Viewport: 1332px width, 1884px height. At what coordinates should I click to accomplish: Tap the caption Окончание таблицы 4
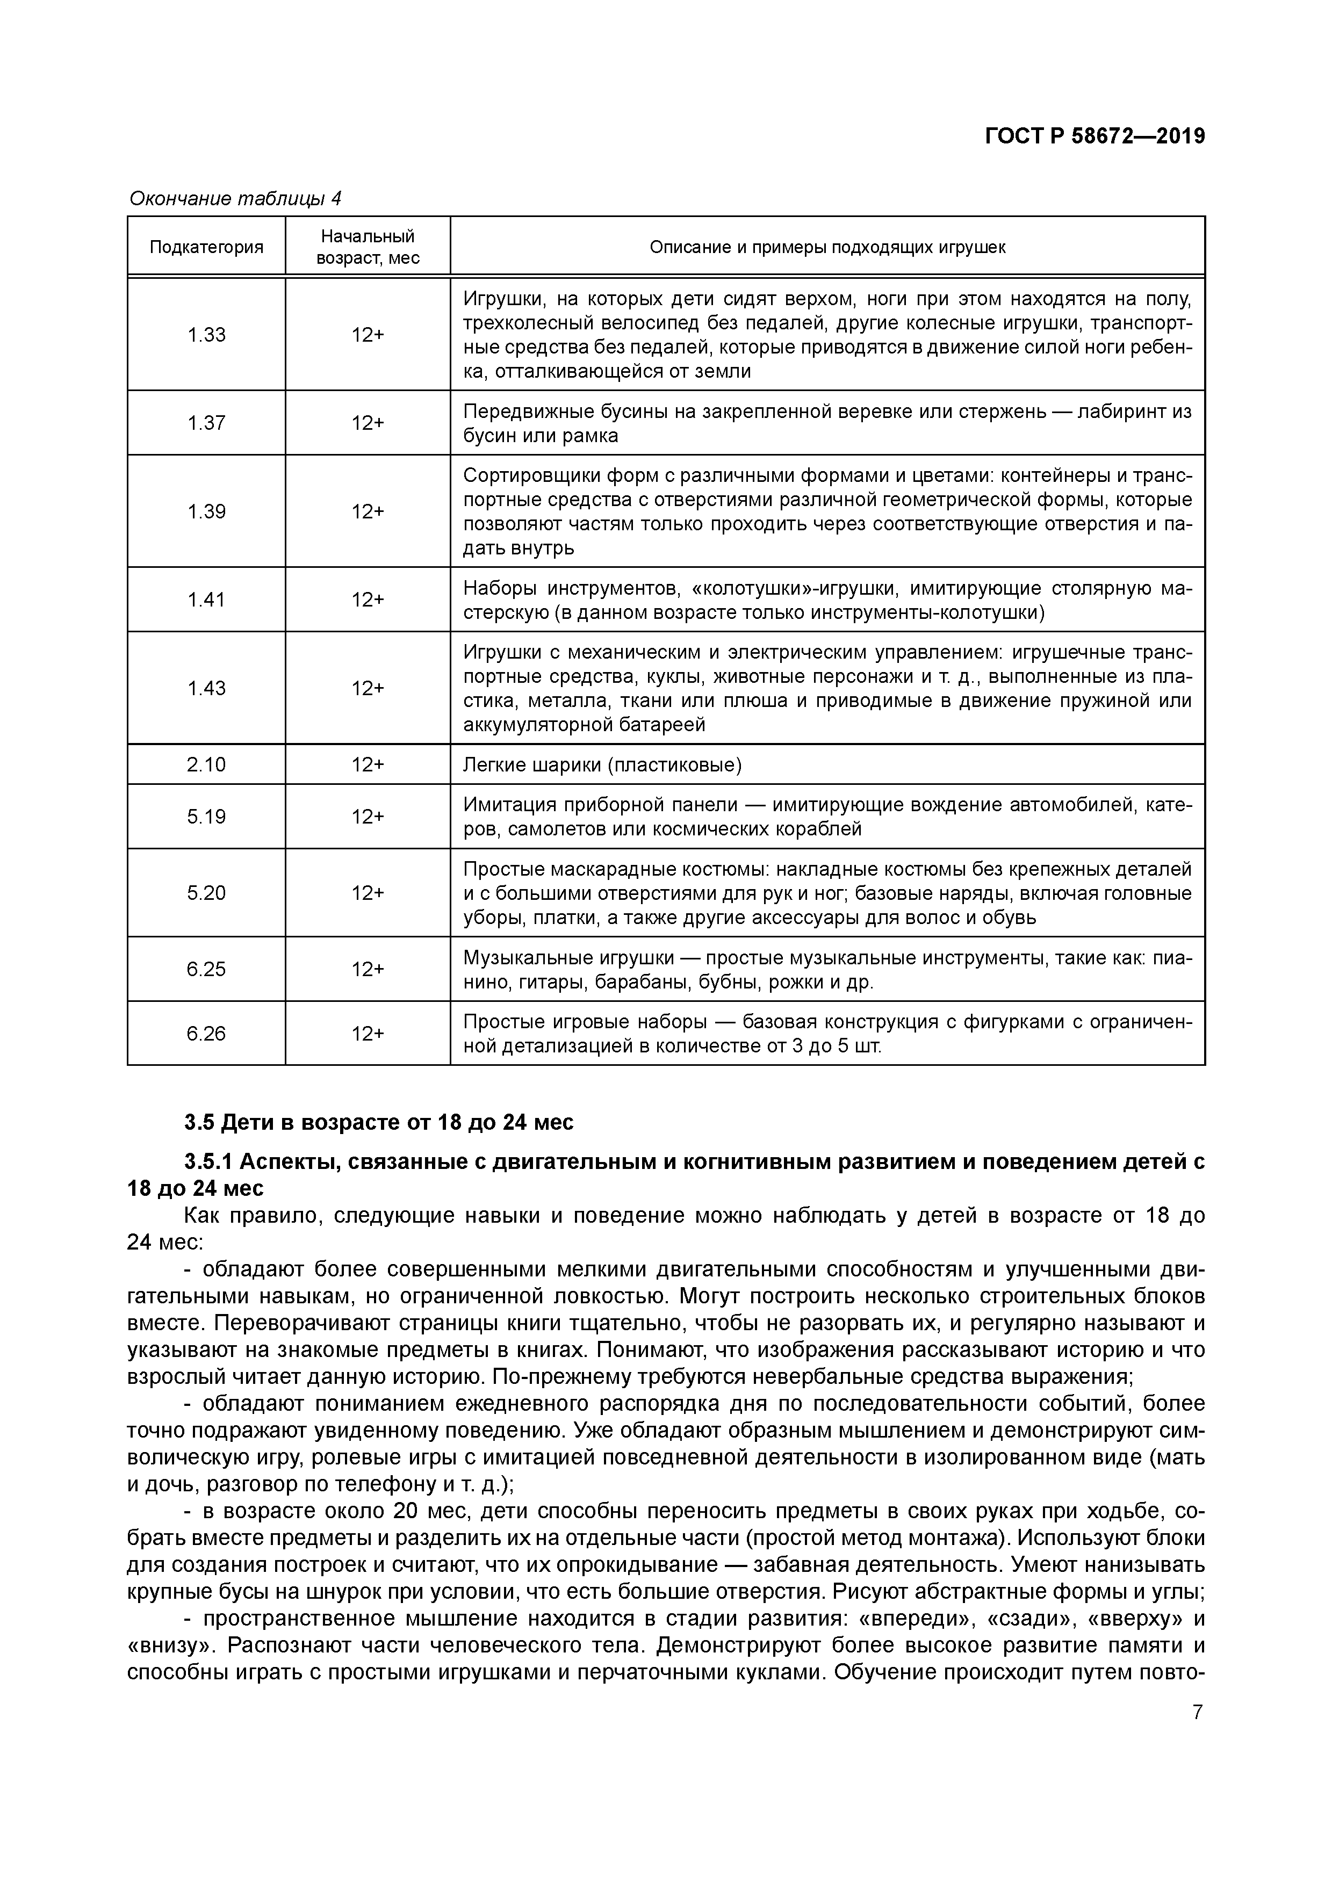point(235,199)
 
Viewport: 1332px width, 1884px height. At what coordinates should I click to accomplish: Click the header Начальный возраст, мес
point(368,247)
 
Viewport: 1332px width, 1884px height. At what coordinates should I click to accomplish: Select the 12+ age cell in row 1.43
point(368,689)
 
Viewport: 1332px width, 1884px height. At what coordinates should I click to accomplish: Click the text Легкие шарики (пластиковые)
point(602,765)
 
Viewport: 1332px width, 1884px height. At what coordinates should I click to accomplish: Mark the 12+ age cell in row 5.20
point(368,893)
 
